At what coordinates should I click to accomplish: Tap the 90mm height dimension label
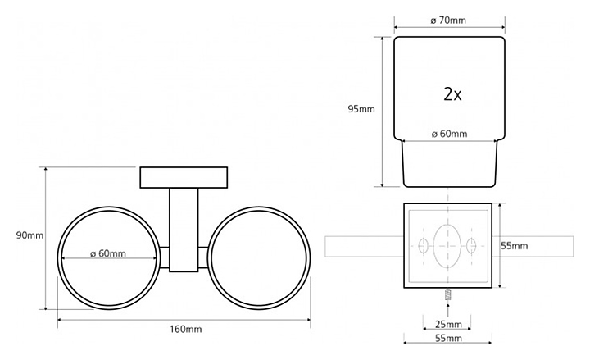click(29, 235)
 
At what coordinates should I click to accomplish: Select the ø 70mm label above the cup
click(448, 21)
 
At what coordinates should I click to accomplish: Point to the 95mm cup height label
click(361, 109)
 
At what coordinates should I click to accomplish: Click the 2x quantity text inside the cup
click(452, 94)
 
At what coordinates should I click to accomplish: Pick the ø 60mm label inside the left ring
click(108, 253)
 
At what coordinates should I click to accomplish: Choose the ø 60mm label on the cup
click(449, 134)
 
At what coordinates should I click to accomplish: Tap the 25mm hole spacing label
click(448, 324)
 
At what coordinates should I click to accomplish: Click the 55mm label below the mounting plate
click(448, 338)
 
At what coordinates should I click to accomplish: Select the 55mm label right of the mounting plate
click(515, 246)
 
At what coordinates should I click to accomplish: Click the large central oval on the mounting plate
click(447, 246)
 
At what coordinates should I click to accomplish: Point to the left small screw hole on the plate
click(424, 246)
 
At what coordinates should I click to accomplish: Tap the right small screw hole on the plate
click(471, 246)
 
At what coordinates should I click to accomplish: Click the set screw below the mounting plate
click(447, 294)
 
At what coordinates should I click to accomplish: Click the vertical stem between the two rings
click(184, 230)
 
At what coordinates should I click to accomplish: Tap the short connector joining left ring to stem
click(165, 257)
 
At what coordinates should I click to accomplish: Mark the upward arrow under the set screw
click(447, 309)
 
